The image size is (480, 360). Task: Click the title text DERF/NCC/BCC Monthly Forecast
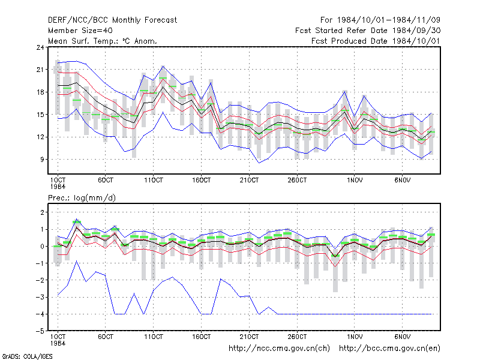pos(112,20)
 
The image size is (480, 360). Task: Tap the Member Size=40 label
pos(80,31)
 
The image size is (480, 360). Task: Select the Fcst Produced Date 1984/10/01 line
pos(376,41)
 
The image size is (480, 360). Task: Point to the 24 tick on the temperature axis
pos(40,47)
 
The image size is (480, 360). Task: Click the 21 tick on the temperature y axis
pos(40,70)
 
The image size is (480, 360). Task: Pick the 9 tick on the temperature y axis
pos(42,160)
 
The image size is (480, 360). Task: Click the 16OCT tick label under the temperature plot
pos(201,181)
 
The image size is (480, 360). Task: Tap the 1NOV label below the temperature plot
pos(355,181)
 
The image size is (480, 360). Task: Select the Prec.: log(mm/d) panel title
pos(82,198)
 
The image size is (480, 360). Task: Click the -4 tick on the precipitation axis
pos(40,314)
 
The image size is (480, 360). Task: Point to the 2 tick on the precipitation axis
pos(42,212)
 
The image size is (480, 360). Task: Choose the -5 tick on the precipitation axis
pos(40,331)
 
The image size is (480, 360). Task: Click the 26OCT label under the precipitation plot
pos(297,337)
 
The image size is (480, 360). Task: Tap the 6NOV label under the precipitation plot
pos(402,337)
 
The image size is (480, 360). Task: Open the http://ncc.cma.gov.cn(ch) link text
pos(279,349)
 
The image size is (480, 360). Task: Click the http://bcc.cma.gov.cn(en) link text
pos(389,349)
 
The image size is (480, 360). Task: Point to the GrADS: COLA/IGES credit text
pos(27,356)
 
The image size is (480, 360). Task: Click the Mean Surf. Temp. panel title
pos(103,41)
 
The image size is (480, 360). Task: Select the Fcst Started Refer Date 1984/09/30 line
pos(368,31)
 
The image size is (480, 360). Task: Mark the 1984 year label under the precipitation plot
pos(58,343)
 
